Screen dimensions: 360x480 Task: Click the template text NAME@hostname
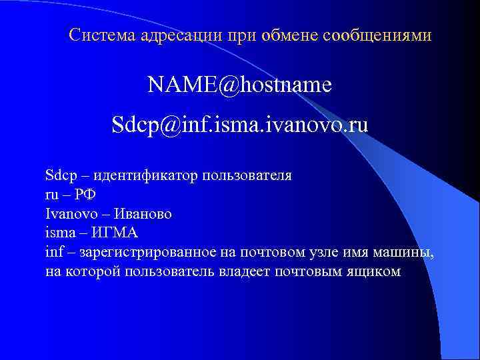[240, 85]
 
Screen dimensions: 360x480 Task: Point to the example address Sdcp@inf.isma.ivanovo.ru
[240, 125]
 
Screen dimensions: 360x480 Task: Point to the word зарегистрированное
[147, 252]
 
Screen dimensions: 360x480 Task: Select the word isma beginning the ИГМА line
[59, 233]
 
